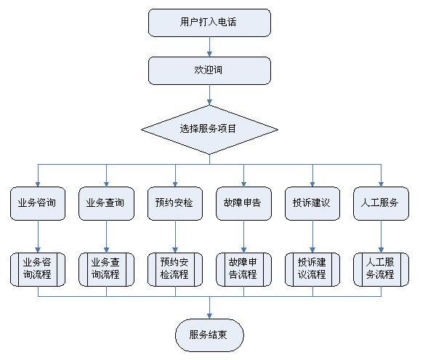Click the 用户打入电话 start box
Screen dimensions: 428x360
(x=209, y=22)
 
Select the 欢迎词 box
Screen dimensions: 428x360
(x=209, y=70)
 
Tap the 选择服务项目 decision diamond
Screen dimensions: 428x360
(x=209, y=129)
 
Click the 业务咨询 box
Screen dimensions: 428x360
(x=38, y=203)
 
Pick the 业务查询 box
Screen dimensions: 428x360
(x=106, y=203)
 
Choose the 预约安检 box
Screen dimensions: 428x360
(x=175, y=203)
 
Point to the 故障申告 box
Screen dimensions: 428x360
(x=243, y=203)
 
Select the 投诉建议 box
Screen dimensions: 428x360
(x=312, y=203)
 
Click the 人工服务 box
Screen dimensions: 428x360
(x=381, y=203)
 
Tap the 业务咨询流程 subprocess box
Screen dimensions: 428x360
(x=38, y=269)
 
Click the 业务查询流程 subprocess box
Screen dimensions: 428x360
(x=106, y=269)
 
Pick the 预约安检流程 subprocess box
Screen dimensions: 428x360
(x=175, y=269)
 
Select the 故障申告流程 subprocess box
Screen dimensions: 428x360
(x=243, y=269)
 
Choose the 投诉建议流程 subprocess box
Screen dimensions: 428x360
(x=312, y=269)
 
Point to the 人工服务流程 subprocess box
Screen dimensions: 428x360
(x=381, y=269)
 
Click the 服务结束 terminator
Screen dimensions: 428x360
(x=209, y=335)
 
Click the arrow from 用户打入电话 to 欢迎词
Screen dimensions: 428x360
(x=209, y=46)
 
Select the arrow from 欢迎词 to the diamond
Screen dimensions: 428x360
(x=209, y=95)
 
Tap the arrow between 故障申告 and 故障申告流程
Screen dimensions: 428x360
(x=243, y=237)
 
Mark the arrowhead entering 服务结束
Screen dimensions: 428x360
(x=209, y=316)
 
